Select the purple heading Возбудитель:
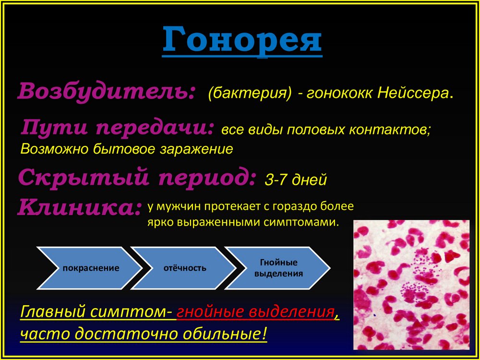tap(106, 91)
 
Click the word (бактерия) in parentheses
tap(250, 93)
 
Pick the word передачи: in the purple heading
tap(155, 128)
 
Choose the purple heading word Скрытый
tap(83, 178)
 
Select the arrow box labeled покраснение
tap(90, 268)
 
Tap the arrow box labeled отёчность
tap(184, 268)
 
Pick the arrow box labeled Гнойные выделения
tap(277, 268)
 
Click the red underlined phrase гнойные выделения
tap(255, 312)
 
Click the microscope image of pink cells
tap(411, 285)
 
